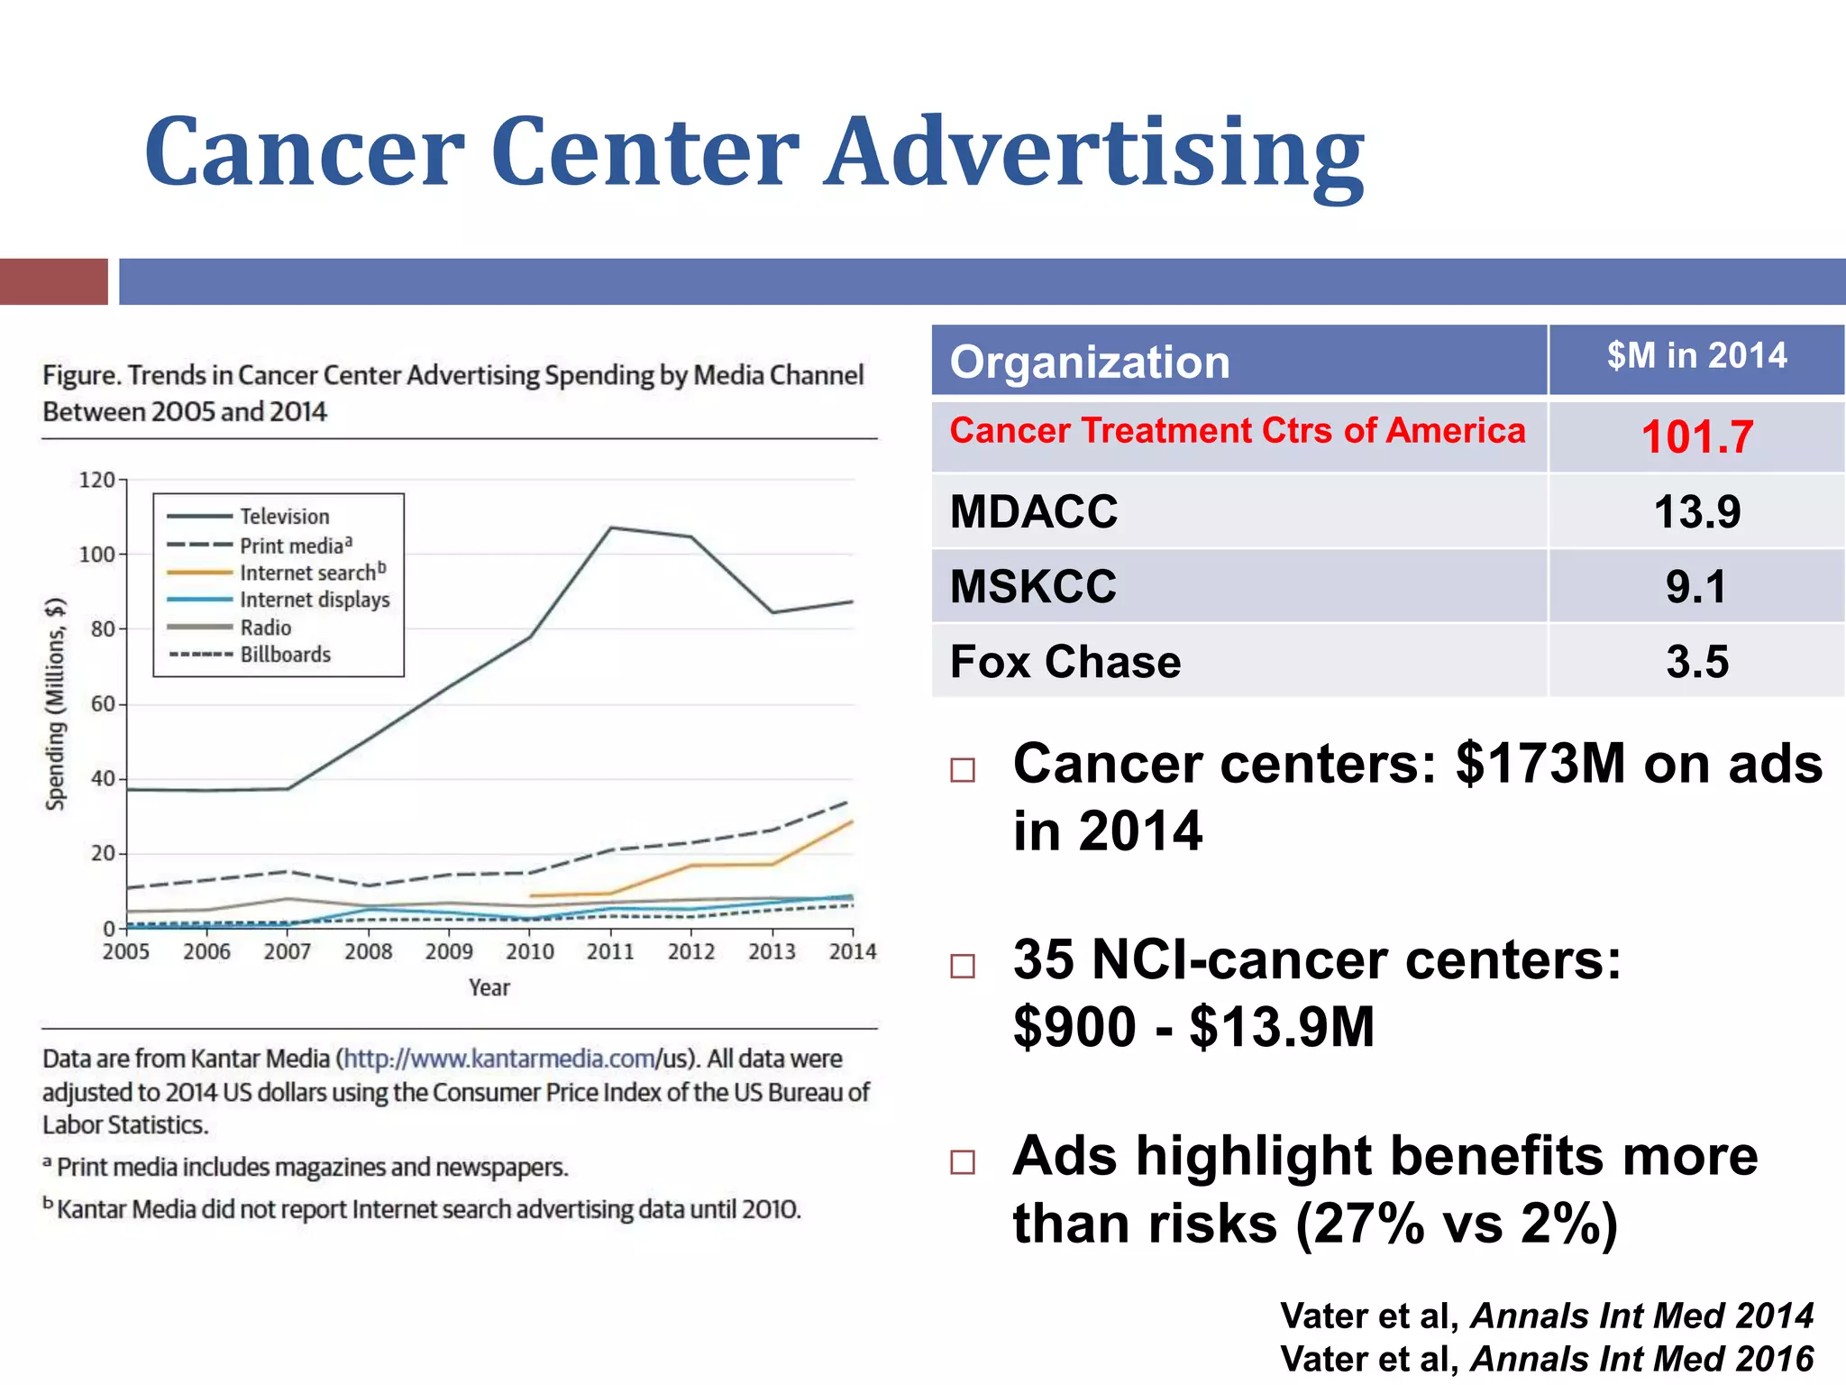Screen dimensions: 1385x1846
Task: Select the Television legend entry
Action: click(284, 517)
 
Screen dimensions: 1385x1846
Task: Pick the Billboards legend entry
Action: click(285, 655)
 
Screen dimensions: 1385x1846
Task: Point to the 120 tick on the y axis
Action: click(96, 480)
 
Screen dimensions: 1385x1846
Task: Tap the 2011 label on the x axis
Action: click(610, 951)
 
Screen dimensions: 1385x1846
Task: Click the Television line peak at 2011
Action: click(611, 527)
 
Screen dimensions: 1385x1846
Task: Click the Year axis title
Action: click(489, 988)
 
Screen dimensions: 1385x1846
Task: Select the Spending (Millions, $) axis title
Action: click(56, 703)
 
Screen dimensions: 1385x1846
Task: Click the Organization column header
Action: click(1089, 362)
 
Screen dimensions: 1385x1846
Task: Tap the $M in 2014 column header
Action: click(1696, 356)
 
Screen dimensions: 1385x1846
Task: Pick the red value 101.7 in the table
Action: click(1696, 437)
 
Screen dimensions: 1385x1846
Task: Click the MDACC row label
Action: click(1033, 512)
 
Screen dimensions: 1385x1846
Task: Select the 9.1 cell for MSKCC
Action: click(1696, 587)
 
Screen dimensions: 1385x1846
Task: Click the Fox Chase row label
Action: click(1065, 662)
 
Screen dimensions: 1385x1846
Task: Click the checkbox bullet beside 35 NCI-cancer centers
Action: click(963, 966)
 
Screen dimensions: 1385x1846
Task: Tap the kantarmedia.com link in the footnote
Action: click(500, 1059)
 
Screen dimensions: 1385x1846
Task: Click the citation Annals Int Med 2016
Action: click(1641, 1359)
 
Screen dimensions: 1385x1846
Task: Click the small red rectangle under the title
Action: click(53, 281)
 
